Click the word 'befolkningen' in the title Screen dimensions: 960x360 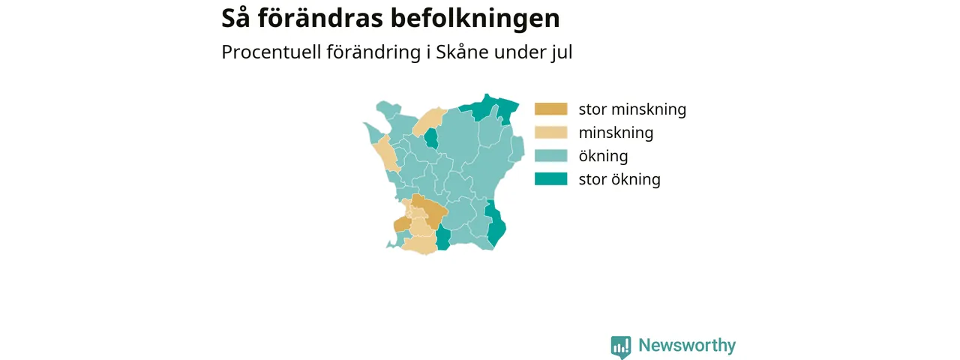pyautogui.click(x=475, y=19)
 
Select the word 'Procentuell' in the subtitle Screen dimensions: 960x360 pyautogui.click(x=271, y=52)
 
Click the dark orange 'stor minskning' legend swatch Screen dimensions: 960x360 pyautogui.click(x=550, y=109)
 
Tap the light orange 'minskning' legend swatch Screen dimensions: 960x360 pyautogui.click(x=550, y=133)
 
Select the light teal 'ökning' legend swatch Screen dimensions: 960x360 pyautogui.click(x=550, y=155)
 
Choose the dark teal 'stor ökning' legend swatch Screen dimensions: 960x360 pyautogui.click(x=550, y=178)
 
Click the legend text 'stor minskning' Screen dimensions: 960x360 pyautogui.click(x=632, y=109)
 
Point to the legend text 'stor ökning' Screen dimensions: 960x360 pyautogui.click(x=619, y=179)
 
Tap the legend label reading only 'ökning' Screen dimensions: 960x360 pyautogui.click(x=603, y=156)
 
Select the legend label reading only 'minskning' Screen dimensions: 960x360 pyautogui.click(x=616, y=133)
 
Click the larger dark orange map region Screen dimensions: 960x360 pyautogui.click(x=430, y=210)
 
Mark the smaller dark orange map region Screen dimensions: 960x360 pyautogui.click(x=402, y=224)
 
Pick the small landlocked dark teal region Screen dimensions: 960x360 pyautogui.click(x=431, y=138)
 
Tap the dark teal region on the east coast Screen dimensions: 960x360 pyautogui.click(x=495, y=223)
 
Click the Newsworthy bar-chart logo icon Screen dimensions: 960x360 pyautogui.click(x=621, y=346)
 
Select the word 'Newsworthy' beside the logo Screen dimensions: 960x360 pyautogui.click(x=687, y=345)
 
